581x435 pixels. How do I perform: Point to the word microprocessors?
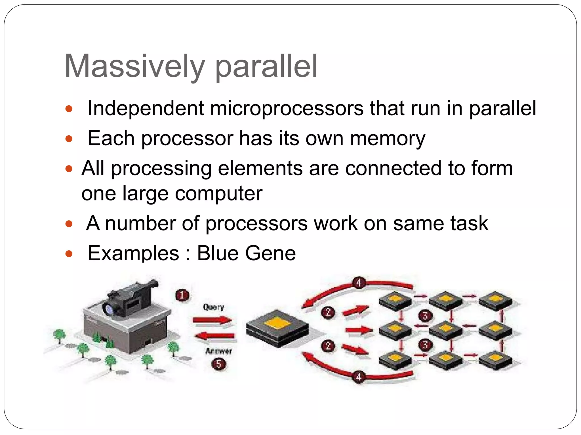click(287, 108)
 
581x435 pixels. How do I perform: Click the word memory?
click(388, 139)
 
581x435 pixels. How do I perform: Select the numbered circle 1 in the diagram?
click(182, 295)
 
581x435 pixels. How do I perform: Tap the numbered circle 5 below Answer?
click(219, 364)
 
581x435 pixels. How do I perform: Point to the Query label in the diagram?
click(213, 307)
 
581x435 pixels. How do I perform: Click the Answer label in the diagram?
click(218, 351)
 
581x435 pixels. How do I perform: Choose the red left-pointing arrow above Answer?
click(214, 336)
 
